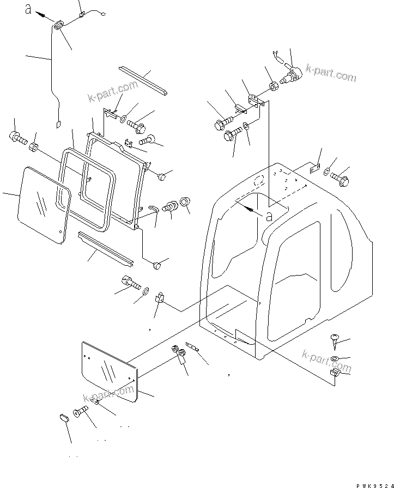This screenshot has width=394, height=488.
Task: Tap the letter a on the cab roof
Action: (269, 215)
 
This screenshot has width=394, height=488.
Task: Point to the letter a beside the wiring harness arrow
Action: (28, 9)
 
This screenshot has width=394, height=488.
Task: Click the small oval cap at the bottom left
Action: (63, 418)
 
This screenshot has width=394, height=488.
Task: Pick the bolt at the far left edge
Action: (16, 138)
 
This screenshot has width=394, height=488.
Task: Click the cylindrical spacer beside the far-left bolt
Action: (33, 147)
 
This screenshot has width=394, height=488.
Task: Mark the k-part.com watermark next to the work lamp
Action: (330, 72)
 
